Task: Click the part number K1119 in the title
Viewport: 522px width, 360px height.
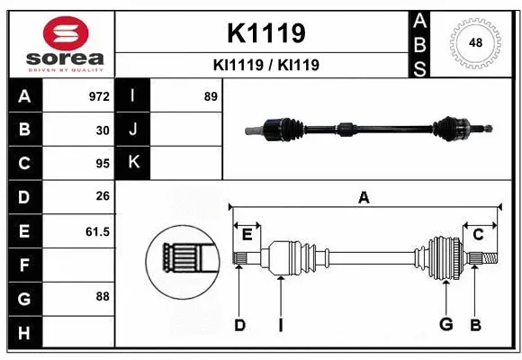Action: [x=265, y=33]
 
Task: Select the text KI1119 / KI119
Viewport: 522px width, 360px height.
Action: [x=265, y=66]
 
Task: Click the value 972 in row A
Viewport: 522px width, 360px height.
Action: [x=97, y=96]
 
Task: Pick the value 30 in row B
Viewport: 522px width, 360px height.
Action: [x=102, y=130]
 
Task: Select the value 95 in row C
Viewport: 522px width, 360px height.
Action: [x=102, y=164]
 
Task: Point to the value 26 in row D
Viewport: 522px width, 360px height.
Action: [x=102, y=197]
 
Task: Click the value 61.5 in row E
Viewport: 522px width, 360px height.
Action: [x=96, y=231]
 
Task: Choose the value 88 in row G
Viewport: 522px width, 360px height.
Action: [x=102, y=296]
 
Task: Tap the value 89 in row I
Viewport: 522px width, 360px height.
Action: [x=211, y=96]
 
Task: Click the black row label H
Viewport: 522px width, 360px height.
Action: [x=24, y=333]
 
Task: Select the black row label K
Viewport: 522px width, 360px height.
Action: [x=133, y=163]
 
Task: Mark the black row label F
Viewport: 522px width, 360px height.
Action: [x=24, y=265]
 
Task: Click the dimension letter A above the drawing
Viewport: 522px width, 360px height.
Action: [x=364, y=198]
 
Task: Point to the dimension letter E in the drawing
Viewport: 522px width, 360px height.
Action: [x=247, y=235]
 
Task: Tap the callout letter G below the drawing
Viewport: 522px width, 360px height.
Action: [x=445, y=325]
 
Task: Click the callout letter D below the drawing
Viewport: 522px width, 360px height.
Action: [x=239, y=325]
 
